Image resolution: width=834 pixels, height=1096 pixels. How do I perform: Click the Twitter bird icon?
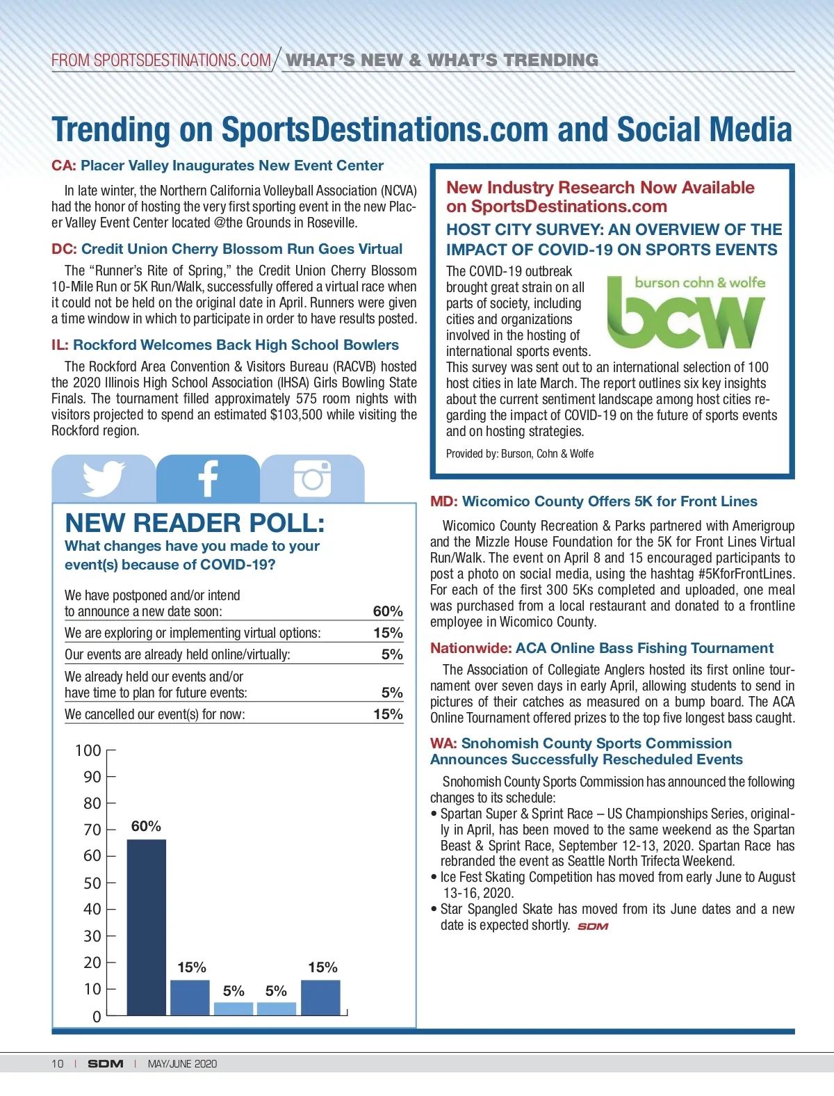tap(104, 478)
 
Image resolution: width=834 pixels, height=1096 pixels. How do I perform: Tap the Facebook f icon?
tap(208, 478)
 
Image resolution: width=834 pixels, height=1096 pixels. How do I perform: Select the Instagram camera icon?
tap(312, 478)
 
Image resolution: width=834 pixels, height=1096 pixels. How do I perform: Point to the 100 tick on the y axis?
tap(88, 750)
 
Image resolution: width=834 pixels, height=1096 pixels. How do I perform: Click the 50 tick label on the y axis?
tap(92, 883)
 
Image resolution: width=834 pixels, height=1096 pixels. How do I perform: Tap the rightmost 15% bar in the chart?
tap(320, 997)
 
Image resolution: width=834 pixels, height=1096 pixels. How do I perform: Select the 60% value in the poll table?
tap(388, 611)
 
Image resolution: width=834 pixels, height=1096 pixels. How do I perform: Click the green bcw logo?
tap(686, 313)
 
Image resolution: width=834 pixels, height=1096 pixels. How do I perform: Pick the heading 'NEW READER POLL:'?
tap(195, 523)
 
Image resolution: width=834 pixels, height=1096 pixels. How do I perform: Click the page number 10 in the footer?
tap(57, 1063)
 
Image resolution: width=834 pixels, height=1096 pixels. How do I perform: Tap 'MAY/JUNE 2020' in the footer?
tap(182, 1063)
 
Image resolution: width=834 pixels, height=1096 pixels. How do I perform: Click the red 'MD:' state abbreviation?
tap(444, 501)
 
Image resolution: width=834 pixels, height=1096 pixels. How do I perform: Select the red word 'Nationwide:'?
tap(471, 648)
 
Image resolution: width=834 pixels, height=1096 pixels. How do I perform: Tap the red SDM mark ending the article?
tap(593, 926)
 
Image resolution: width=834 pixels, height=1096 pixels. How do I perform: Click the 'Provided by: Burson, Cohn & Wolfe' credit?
tap(520, 453)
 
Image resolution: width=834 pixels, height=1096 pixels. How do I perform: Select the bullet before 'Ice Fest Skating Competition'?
tap(434, 878)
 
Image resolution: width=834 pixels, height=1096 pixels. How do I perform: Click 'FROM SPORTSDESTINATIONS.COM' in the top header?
tap(161, 61)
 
